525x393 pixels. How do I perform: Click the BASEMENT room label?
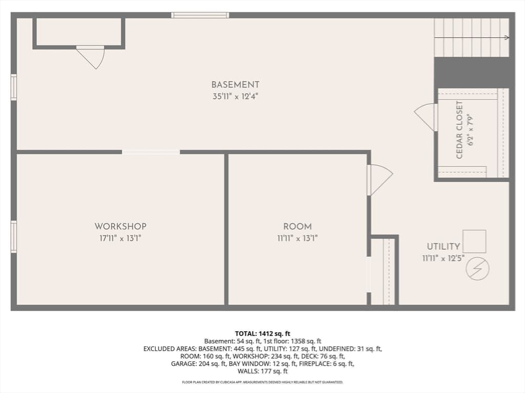coord(235,84)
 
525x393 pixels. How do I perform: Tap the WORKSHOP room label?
coord(120,226)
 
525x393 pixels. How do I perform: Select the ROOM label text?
coord(297,227)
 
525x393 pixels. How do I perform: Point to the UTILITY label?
coord(443,246)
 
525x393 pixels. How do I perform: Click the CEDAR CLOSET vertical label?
coord(459,130)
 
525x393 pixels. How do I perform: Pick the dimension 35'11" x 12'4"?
coord(235,97)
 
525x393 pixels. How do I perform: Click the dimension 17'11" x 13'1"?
coord(120,238)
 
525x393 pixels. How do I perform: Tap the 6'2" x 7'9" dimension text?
coord(471,130)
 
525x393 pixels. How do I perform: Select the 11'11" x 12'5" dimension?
coord(443,258)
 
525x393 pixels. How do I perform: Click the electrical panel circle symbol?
coord(477,269)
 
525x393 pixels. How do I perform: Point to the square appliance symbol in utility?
coord(474,242)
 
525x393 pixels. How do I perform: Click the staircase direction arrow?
coord(472,38)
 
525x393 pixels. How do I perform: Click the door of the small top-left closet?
coord(91,57)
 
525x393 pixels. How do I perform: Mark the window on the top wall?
coord(200,15)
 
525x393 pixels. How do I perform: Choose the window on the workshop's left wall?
coord(14,236)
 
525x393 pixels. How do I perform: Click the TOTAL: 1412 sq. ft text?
coord(262,334)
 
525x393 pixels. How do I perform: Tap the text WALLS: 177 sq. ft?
coord(262,372)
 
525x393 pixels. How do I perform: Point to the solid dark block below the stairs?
coord(474,73)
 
